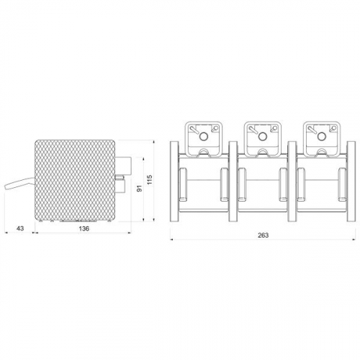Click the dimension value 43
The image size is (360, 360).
(20, 228)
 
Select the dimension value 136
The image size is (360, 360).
(84, 228)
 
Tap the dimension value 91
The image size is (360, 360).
(140, 189)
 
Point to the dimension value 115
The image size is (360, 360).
(150, 180)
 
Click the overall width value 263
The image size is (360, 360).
(263, 235)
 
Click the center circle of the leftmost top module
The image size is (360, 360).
(203, 137)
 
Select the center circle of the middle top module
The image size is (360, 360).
(262, 137)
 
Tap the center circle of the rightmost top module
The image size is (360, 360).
(321, 137)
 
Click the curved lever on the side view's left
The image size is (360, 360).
(19, 184)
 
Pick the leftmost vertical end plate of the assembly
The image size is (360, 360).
(174, 181)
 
